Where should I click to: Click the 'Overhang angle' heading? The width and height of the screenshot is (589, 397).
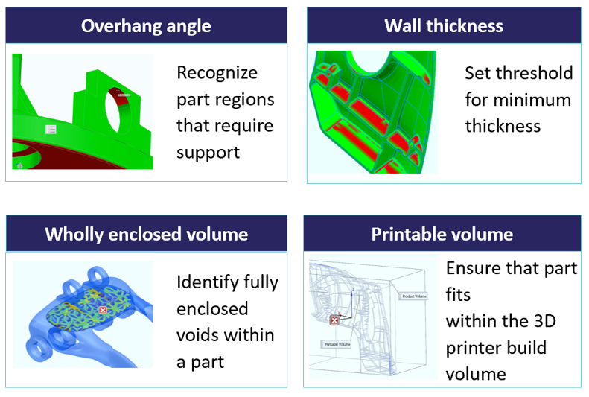146,26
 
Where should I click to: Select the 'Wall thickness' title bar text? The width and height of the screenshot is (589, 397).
443,26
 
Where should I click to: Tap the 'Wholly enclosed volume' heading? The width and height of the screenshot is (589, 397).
146,234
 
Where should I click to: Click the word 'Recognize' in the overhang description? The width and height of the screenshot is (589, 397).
217,73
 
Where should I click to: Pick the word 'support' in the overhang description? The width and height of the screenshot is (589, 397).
208,153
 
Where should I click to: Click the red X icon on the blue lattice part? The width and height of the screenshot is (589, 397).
103,308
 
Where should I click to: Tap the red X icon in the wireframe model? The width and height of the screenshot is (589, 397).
334,320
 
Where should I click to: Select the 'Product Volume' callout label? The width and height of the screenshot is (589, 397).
413,296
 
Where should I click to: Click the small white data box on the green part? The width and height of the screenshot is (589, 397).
51,130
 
